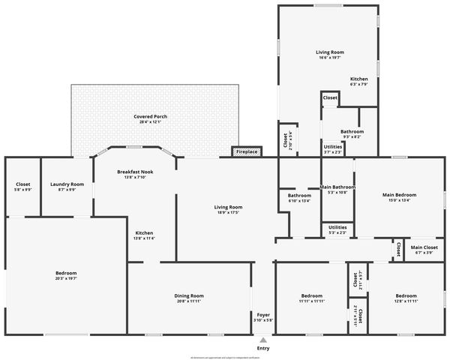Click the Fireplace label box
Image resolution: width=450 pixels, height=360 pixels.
pyautogui.click(x=247, y=152)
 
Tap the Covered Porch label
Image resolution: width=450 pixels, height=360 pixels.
pyautogui.click(x=150, y=117)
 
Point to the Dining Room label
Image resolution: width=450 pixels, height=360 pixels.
pyautogui.click(x=190, y=295)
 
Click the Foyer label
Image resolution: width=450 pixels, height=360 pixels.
pyautogui.click(x=263, y=314)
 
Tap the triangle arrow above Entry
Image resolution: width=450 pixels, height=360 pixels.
pyautogui.click(x=263, y=340)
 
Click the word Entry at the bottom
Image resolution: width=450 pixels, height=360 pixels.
pyautogui.click(x=263, y=349)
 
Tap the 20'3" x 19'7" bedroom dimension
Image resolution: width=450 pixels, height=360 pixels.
pyautogui.click(x=66, y=278)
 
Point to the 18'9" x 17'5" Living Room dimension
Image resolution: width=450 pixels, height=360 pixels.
pyautogui.click(x=229, y=212)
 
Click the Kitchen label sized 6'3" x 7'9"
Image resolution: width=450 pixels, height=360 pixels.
pyautogui.click(x=359, y=79)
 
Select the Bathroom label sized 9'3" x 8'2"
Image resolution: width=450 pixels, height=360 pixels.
pyautogui.click(x=352, y=132)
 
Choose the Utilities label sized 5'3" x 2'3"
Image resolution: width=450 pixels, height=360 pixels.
pyautogui.click(x=337, y=226)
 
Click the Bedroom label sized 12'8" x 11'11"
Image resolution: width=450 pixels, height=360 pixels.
pyautogui.click(x=406, y=295)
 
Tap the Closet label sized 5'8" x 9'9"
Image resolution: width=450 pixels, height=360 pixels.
pyautogui.click(x=23, y=184)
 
